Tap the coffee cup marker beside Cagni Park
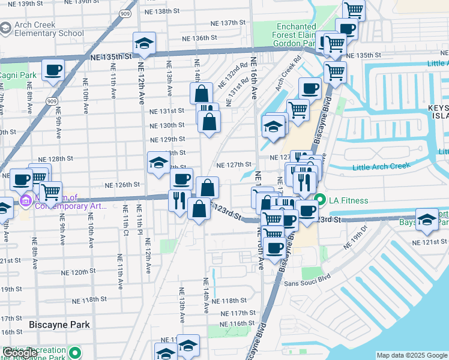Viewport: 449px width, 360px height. click(53, 70)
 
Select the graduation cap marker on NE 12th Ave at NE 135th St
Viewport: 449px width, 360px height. click(144, 43)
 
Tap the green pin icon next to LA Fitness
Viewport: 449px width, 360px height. click(321, 200)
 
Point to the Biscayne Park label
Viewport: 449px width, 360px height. click(59, 325)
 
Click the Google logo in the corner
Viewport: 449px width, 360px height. click(20, 353)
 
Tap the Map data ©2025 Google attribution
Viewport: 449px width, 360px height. click(412, 355)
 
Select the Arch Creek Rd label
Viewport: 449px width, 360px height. click(289, 75)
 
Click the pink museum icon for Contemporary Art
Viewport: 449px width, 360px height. click(25, 200)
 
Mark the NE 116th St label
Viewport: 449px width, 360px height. click(237, 323)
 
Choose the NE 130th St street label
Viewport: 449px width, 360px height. click(167, 125)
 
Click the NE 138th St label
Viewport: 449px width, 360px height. click(171, 11)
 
